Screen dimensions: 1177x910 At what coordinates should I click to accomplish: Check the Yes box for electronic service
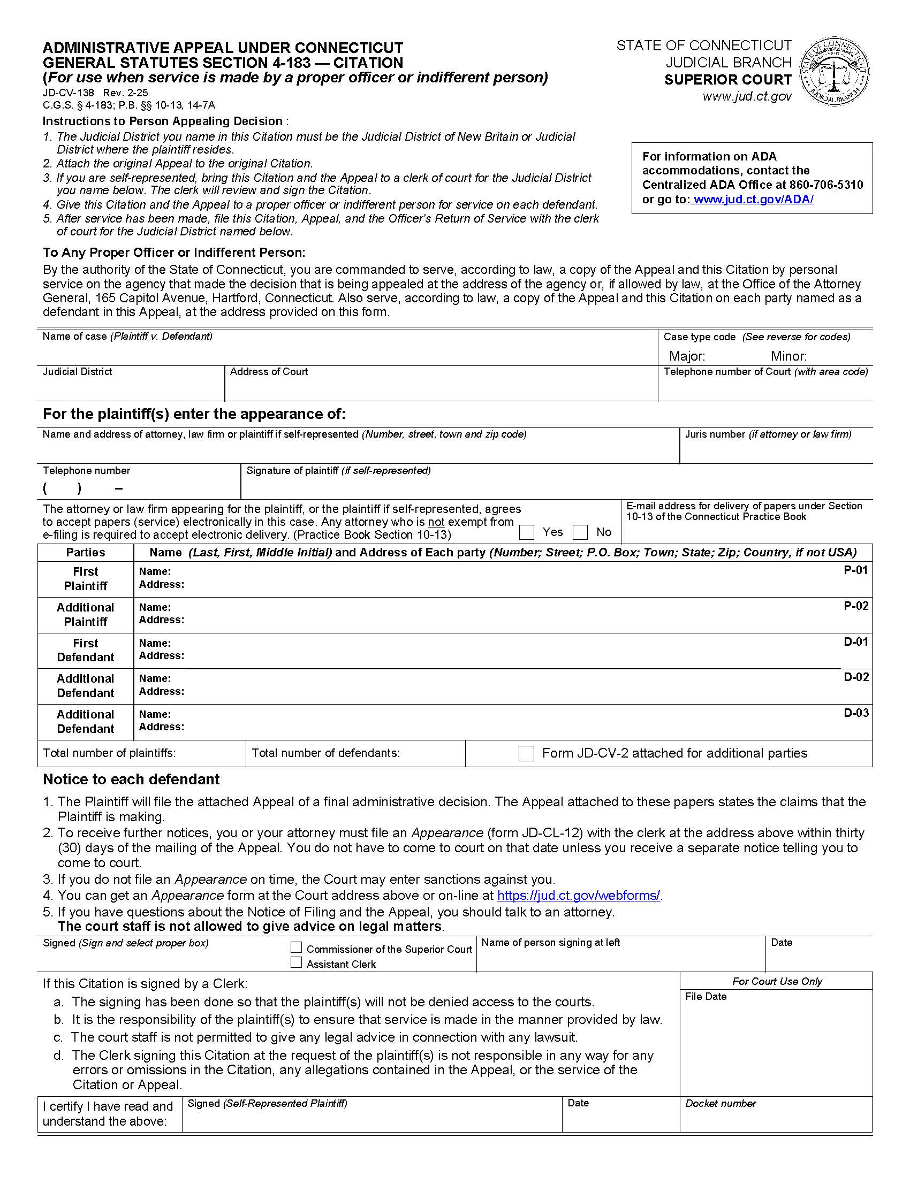[526, 532]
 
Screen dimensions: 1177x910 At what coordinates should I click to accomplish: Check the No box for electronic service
[580, 532]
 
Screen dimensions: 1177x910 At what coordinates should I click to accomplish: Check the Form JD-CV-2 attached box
[526, 753]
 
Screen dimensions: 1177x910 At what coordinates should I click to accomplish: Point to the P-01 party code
[855, 570]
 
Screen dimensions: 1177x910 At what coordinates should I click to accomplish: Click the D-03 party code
[855, 713]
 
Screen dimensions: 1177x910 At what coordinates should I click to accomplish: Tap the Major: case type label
[687, 356]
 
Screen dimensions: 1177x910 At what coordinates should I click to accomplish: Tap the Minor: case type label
[788, 356]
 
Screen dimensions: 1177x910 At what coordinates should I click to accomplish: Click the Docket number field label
[720, 1104]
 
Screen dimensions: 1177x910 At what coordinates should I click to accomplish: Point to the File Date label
[705, 997]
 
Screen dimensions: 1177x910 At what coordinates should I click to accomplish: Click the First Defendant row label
[85, 651]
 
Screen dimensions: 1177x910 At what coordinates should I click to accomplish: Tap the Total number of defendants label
[325, 753]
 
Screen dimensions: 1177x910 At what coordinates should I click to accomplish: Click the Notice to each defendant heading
[131, 780]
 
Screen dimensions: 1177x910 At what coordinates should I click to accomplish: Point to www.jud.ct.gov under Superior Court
[747, 96]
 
